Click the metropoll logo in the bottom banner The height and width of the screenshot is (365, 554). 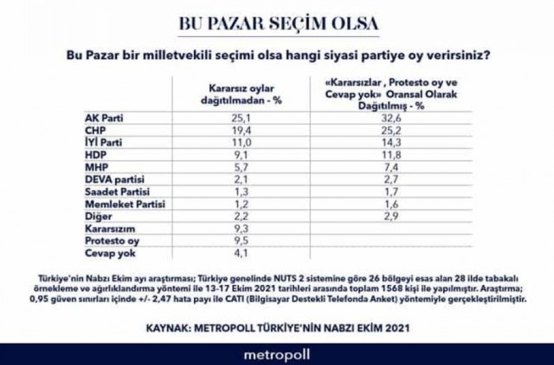coord(277,355)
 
